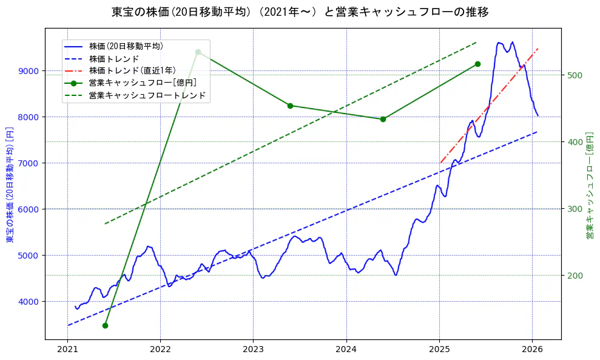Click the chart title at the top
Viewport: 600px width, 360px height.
pos(300,12)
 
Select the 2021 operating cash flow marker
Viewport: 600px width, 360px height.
pos(105,325)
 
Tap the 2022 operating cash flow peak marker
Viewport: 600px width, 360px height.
pos(198,52)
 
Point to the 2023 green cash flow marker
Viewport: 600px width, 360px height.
pos(290,106)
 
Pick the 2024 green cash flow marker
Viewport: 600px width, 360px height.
pos(383,119)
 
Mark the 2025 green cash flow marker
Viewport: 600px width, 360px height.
pos(477,64)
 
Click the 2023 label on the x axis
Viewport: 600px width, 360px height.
pos(253,350)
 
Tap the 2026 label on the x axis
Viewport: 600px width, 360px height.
pos(532,350)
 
